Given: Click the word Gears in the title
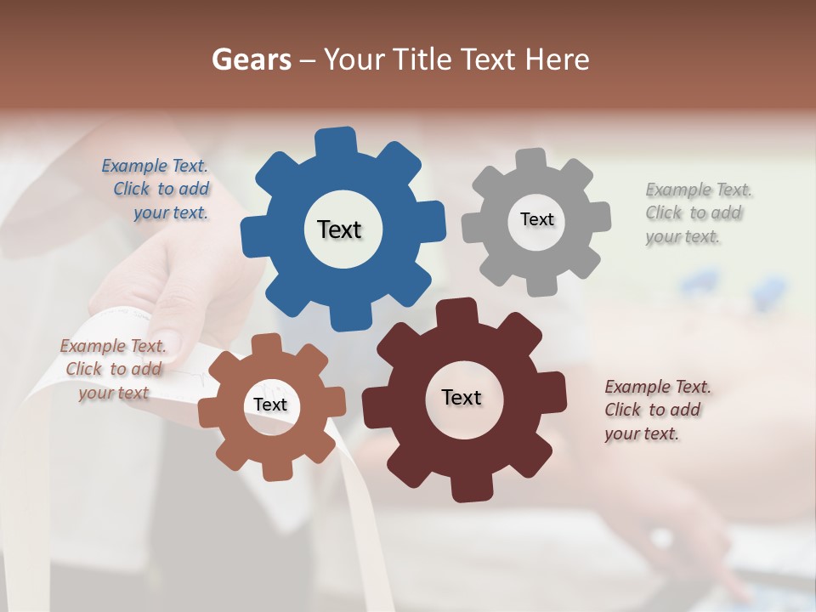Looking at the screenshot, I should point(252,59).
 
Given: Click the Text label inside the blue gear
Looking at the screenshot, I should point(339,229).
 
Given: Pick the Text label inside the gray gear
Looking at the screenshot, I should point(536,219).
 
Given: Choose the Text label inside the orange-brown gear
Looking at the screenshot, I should point(270,405).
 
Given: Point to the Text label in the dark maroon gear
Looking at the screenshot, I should point(462,397).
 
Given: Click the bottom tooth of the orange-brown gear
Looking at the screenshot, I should point(274,469).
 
